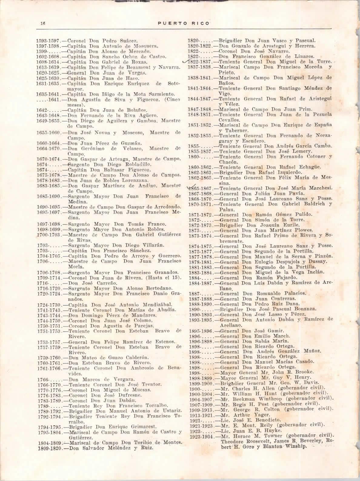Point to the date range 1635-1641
48,94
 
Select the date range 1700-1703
49,235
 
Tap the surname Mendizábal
154,304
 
